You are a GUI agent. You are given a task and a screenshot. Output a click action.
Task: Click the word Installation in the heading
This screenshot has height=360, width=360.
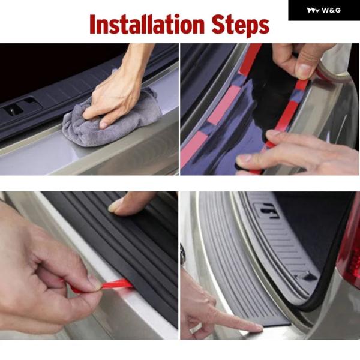point(147,25)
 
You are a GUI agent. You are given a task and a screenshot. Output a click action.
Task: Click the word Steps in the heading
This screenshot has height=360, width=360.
point(240,25)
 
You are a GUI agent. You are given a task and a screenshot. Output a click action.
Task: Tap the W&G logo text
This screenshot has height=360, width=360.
point(331,10)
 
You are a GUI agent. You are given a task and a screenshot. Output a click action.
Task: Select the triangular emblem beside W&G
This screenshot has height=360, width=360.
point(313,11)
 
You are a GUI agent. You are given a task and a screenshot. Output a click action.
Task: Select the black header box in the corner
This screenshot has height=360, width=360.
point(324,10)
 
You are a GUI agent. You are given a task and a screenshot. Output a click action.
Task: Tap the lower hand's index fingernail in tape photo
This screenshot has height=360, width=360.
point(243,158)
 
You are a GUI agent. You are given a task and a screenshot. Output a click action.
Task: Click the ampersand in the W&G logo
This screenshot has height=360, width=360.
point(332,11)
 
